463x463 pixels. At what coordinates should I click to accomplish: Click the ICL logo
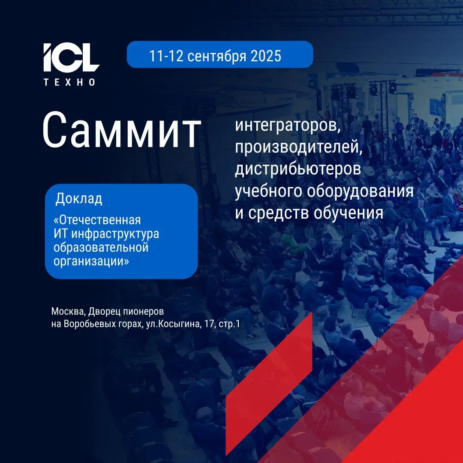coord(71,57)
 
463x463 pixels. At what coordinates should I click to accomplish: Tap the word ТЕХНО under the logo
coord(70,82)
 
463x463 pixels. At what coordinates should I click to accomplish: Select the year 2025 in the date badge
coord(266,56)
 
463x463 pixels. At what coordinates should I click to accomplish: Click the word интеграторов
coord(288,126)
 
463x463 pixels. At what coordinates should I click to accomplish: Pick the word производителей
coord(298,147)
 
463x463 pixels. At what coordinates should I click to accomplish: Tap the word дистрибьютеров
coord(298,169)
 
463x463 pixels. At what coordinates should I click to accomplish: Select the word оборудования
coord(360,191)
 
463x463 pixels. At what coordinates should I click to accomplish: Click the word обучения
coord(349,213)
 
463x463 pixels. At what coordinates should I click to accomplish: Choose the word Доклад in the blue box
coord(79,198)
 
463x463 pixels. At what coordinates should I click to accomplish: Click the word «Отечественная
coord(97,220)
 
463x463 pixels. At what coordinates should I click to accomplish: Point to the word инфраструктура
coord(115,234)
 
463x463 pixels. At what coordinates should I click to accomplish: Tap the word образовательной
coord(101,247)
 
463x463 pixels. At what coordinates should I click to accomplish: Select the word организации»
coord(91,261)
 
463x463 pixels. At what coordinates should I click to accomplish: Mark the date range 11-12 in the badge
coord(166,56)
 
